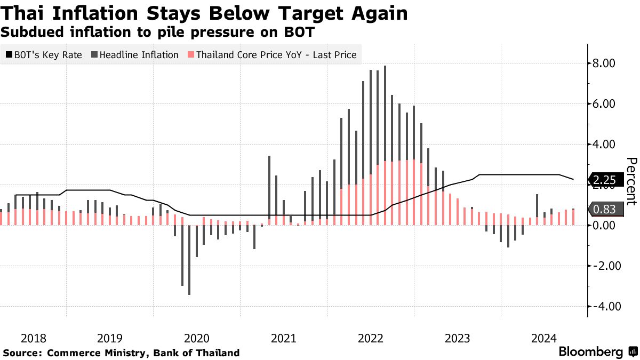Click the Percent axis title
pos(631,181)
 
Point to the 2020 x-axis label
pos(197,338)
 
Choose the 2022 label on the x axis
pos(371,338)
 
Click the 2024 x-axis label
pos(545,338)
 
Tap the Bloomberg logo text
pos(590,352)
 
